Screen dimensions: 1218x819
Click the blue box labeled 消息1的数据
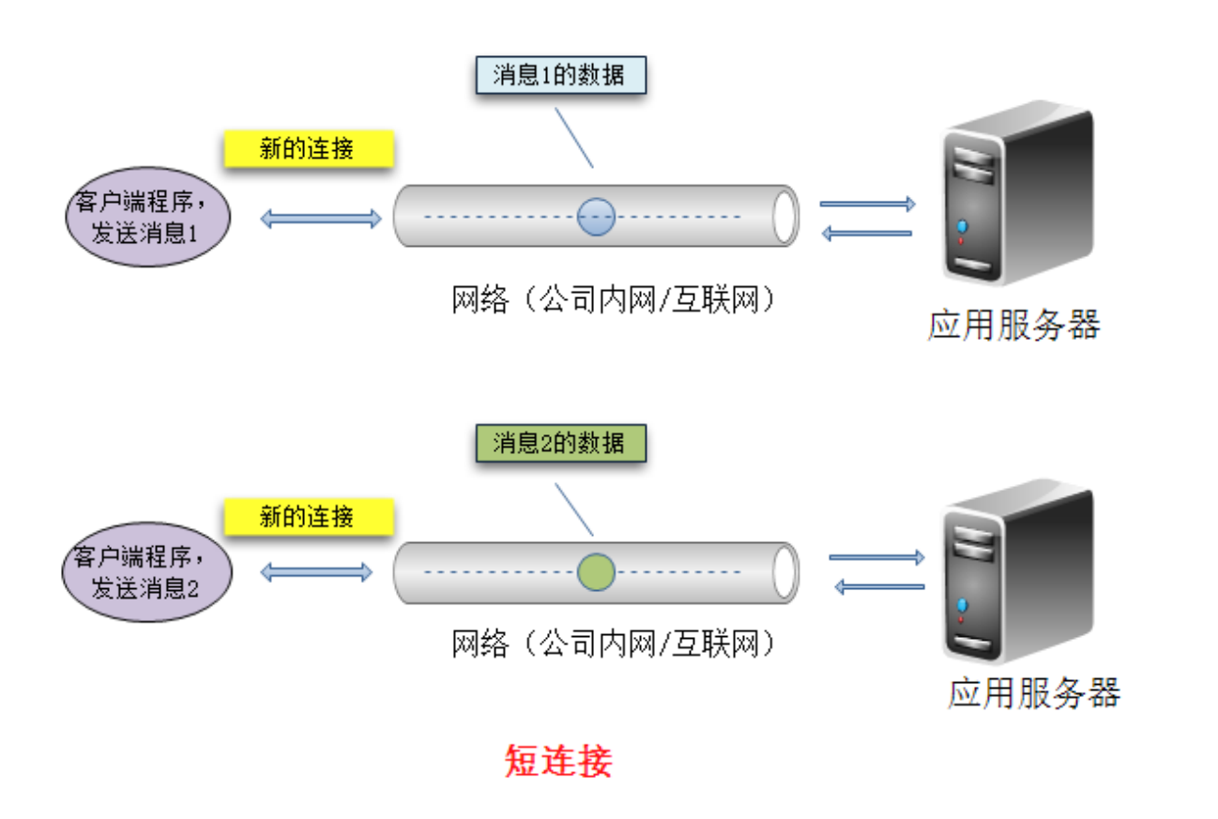561,75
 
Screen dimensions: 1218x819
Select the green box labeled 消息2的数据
561,443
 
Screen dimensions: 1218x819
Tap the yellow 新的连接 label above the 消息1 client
309,148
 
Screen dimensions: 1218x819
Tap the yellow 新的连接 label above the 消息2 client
309,516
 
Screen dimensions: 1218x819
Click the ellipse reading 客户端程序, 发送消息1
148,217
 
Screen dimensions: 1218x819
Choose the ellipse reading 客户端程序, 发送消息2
147,572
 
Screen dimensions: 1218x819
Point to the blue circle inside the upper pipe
596,217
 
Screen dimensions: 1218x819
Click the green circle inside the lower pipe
596,572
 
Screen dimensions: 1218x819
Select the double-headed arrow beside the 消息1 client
321,219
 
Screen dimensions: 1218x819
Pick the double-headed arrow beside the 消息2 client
316,572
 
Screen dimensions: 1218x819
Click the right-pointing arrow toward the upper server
868,205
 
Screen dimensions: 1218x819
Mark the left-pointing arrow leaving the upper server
867,234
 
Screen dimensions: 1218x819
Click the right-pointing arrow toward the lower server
877,557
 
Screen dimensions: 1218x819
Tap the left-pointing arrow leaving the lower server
880,587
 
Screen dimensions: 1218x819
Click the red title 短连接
558,761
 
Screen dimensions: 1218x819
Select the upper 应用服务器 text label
1014,325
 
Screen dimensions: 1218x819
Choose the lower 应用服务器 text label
1034,693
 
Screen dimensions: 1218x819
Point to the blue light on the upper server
962,225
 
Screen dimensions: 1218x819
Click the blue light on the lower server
962,605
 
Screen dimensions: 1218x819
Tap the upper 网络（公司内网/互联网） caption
614,299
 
